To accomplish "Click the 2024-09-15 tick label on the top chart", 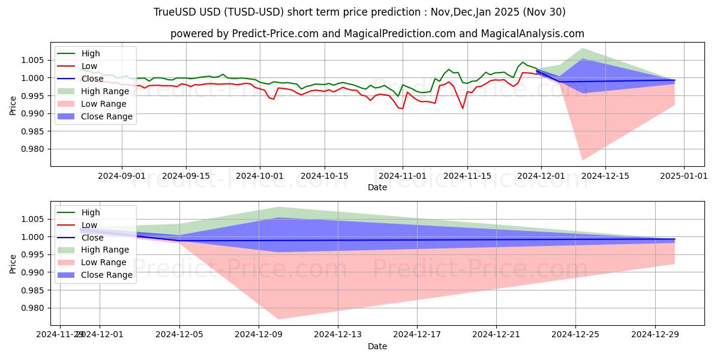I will (x=185, y=176).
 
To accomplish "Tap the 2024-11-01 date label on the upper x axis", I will (x=402, y=176).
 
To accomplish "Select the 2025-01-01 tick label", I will (x=684, y=176).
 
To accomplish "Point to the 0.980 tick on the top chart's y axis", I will (x=34, y=149).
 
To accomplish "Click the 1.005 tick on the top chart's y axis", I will (x=34, y=60).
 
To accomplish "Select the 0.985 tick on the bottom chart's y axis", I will (x=34, y=290).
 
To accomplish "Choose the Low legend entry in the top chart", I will (x=89, y=66).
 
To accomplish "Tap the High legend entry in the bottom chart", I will (x=91, y=212).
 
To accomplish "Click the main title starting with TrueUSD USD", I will (x=359, y=12).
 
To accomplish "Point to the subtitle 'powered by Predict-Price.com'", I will (x=377, y=34).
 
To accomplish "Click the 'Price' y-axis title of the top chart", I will (x=14, y=104).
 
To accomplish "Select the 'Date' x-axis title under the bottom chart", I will (x=377, y=346).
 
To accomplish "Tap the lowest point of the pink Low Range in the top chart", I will (x=582, y=160).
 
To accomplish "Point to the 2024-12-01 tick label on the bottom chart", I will (x=100, y=335).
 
